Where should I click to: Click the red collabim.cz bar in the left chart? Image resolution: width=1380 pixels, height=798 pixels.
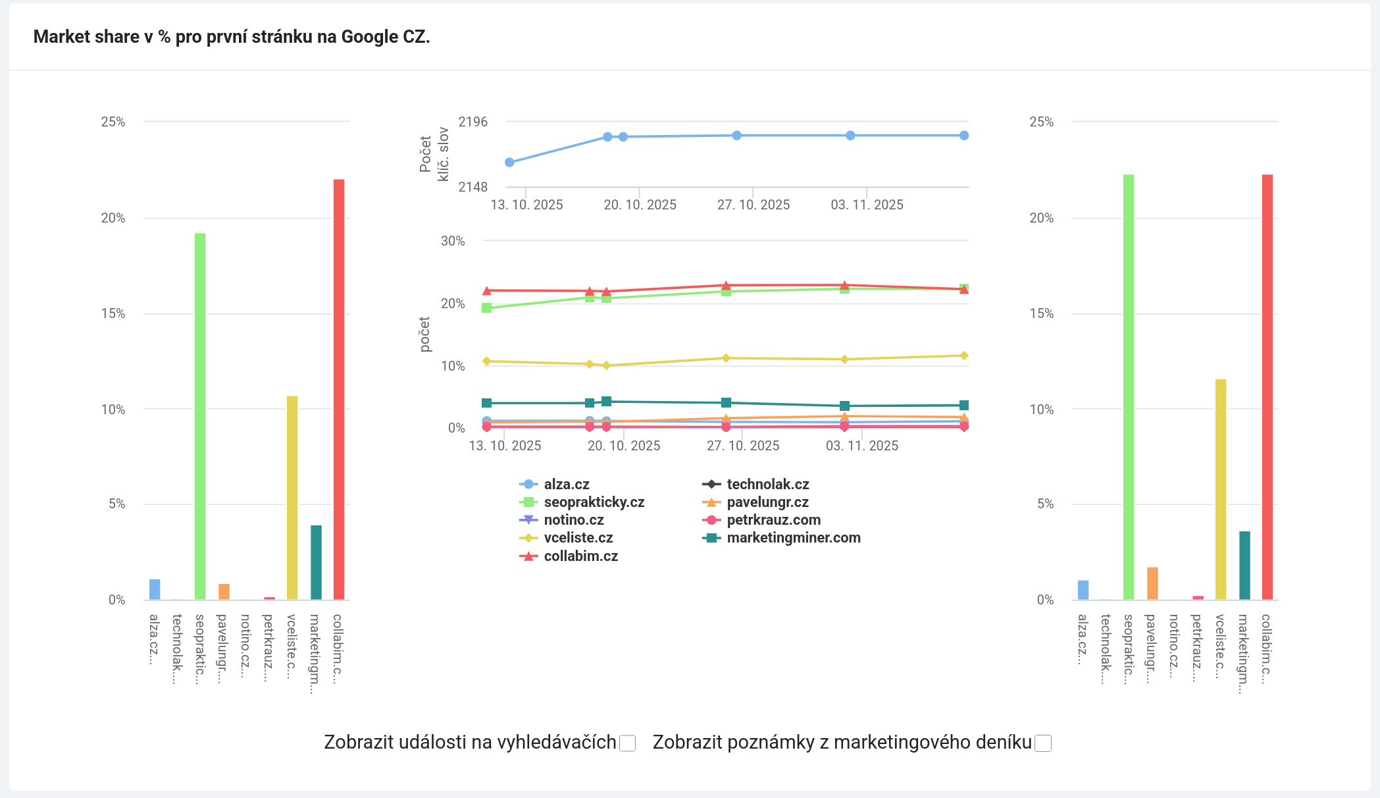tap(339, 388)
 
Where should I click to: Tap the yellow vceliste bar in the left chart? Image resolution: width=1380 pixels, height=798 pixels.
tap(292, 497)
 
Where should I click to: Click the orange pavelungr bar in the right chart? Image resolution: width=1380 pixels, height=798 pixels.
tap(1152, 583)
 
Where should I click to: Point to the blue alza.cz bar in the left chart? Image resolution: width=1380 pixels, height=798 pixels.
tap(155, 589)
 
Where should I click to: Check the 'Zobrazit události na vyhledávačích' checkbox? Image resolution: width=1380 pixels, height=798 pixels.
tap(628, 743)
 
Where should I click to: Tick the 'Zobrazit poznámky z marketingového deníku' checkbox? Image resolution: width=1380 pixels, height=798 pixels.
tap(1043, 743)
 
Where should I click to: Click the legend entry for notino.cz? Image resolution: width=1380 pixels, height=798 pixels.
tap(573, 520)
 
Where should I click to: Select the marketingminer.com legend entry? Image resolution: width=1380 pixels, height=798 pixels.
tap(793, 538)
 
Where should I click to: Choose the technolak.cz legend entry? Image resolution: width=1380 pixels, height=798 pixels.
tap(767, 485)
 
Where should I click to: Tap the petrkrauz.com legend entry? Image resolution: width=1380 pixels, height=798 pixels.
tap(773, 520)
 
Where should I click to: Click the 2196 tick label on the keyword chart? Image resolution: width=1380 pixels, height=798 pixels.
tap(473, 122)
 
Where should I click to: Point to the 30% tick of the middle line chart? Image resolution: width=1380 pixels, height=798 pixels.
tap(453, 241)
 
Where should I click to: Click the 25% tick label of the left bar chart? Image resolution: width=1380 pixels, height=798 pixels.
tap(113, 122)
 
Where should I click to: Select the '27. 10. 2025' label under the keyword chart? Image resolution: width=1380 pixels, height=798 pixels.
tap(754, 205)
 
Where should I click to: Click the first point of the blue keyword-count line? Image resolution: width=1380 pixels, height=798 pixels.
tap(509, 162)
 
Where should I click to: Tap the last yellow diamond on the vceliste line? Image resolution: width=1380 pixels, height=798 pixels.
tap(964, 356)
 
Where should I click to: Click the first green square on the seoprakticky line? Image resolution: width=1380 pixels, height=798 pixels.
tap(487, 307)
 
